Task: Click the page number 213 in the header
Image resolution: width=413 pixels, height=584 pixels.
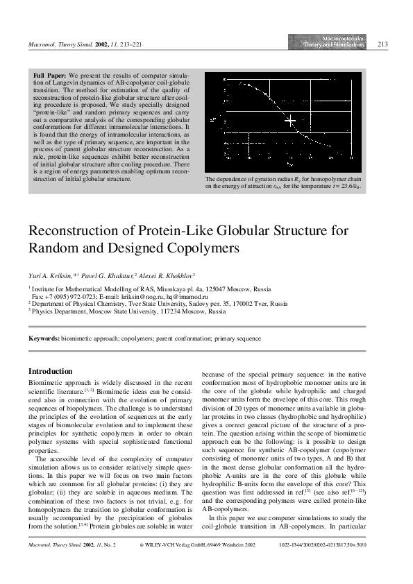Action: click(382, 44)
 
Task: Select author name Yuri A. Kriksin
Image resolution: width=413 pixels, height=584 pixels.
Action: click(50, 275)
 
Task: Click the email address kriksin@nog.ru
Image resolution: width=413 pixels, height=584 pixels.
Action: click(170, 295)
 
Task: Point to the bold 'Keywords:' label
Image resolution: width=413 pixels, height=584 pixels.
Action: click(43, 338)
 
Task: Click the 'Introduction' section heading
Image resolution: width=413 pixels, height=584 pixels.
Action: click(50, 372)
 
